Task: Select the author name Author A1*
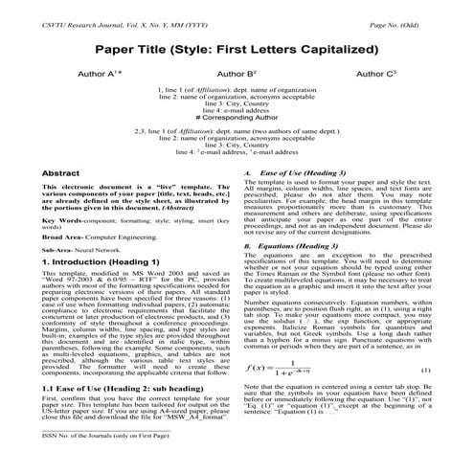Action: point(99,72)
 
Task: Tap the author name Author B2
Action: point(237,72)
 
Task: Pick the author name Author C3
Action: point(375,72)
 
